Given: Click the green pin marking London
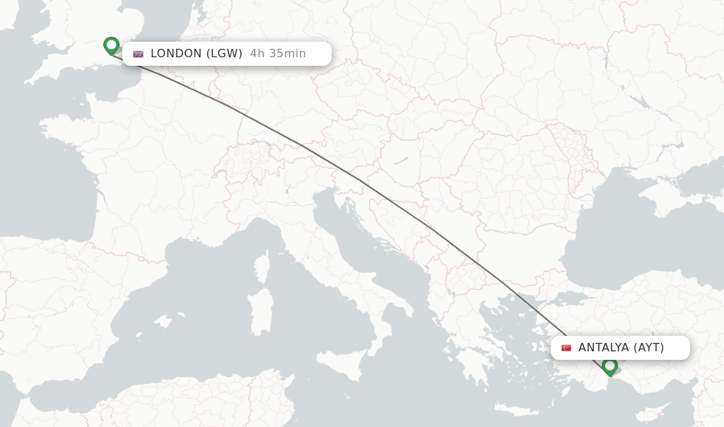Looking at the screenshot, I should pos(111,45).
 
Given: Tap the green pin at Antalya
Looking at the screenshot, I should pos(609,365).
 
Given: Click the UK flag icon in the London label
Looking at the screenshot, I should pos(138,54).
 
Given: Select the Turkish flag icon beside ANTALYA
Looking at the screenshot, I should pos(566,348).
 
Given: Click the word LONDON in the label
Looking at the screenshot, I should pos(176,54).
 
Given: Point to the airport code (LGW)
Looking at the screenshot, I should pos(226,54).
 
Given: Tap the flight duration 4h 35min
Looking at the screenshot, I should pos(278,54).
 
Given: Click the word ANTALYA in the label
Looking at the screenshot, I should pos(604,348).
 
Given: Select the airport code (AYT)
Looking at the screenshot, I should pos(648,348).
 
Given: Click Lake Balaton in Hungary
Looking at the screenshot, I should pos(401,161).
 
